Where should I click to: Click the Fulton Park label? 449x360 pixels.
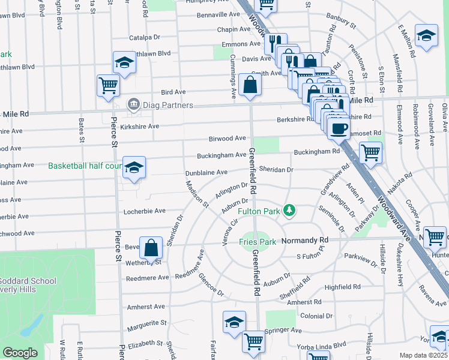click(259, 211)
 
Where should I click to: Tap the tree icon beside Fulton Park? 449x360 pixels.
click(290, 209)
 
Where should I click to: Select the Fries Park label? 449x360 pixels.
click(258, 242)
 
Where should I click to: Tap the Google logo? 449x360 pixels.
click(20, 353)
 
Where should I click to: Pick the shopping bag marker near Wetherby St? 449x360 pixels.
click(152, 247)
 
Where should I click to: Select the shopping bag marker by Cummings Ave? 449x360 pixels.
click(250, 85)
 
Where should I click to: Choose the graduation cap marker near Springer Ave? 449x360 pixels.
click(234, 322)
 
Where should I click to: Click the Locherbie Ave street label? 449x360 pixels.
click(144, 211)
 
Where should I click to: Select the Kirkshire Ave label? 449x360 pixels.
click(138, 127)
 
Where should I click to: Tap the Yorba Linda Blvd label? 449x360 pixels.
click(322, 344)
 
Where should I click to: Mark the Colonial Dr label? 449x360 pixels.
click(317, 316)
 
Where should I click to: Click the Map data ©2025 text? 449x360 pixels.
click(424, 355)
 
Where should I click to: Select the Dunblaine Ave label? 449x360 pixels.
click(206, 172)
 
